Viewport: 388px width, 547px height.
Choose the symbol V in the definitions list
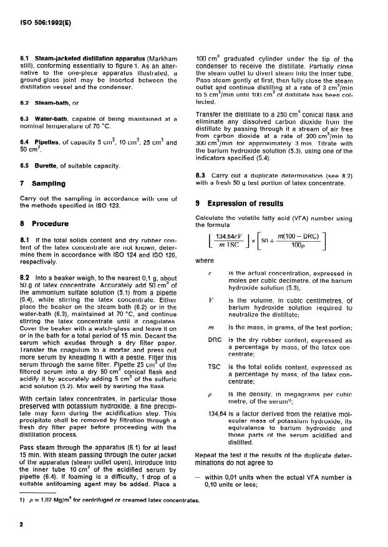pyautogui.click(x=211, y=300)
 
